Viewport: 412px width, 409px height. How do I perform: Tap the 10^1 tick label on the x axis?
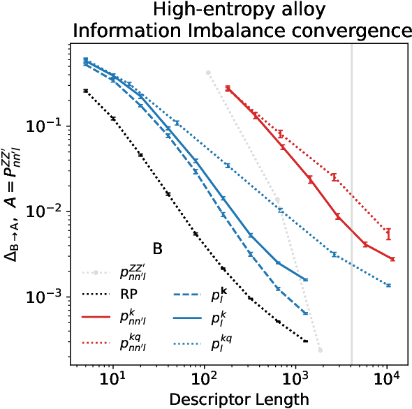(x=113, y=378)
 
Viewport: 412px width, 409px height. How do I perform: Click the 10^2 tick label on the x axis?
(x=205, y=378)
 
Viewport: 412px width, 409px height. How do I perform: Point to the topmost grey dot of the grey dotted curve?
(x=208, y=72)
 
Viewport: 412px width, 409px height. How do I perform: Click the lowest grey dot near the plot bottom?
(x=320, y=350)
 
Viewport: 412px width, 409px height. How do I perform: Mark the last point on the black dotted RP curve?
(x=306, y=341)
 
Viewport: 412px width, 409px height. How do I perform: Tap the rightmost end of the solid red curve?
(x=393, y=259)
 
